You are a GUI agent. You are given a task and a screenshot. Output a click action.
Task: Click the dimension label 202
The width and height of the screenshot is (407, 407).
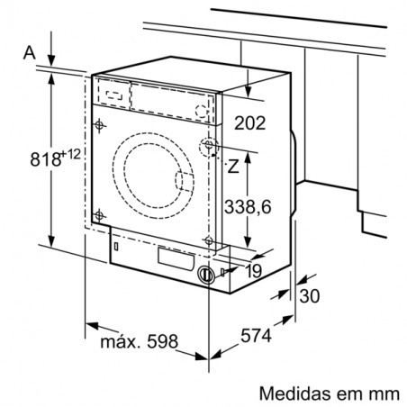249,123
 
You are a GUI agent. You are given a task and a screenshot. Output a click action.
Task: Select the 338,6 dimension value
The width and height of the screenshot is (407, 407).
248,207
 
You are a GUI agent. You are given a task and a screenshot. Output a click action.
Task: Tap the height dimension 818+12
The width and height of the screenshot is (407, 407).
56,158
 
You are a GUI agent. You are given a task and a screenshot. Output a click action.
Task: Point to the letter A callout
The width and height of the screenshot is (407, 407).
30,52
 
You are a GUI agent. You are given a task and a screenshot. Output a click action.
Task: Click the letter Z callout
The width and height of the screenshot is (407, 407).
233,166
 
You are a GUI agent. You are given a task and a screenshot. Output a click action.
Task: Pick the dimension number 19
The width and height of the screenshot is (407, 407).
254,271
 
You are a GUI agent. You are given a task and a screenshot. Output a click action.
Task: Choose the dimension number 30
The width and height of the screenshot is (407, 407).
310,296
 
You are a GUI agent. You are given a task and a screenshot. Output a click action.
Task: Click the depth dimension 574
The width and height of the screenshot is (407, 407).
256,335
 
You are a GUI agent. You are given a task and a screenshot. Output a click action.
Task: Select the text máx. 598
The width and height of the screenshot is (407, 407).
139,341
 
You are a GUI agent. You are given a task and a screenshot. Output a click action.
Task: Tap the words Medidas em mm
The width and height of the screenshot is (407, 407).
330,393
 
